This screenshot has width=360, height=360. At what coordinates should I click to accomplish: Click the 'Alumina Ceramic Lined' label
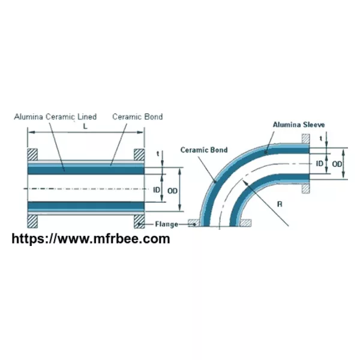(55, 116)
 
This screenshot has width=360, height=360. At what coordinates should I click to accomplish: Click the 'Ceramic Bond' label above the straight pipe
(137, 116)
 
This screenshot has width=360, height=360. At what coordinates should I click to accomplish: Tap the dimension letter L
(85, 126)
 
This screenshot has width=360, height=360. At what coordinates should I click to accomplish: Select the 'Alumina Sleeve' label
(299, 125)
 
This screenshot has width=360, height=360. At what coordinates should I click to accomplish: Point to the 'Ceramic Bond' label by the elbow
(204, 150)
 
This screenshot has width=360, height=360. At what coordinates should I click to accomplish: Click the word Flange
(167, 224)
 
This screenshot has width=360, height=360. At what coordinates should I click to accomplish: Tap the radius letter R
(280, 204)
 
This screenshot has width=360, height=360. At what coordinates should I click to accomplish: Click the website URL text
(91, 239)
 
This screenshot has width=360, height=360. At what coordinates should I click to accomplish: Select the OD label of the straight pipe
(172, 191)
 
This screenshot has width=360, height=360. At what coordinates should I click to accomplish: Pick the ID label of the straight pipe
(157, 190)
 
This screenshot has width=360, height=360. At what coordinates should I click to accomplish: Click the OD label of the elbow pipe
(337, 164)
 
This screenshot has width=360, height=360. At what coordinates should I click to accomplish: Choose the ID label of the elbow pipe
(320, 163)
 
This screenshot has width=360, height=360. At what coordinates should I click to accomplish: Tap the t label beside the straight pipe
(158, 154)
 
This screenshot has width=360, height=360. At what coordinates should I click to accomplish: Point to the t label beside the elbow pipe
(321, 138)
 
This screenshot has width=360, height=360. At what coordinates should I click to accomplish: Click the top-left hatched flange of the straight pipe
(32, 155)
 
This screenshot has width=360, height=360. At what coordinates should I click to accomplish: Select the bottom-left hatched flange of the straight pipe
(32, 221)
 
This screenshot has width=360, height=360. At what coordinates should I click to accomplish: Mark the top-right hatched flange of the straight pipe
(139, 155)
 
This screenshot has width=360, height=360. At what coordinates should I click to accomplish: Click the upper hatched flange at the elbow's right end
(305, 139)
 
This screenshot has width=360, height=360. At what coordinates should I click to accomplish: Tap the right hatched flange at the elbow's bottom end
(245, 223)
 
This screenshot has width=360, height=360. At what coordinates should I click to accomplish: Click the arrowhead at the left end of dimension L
(31, 132)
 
